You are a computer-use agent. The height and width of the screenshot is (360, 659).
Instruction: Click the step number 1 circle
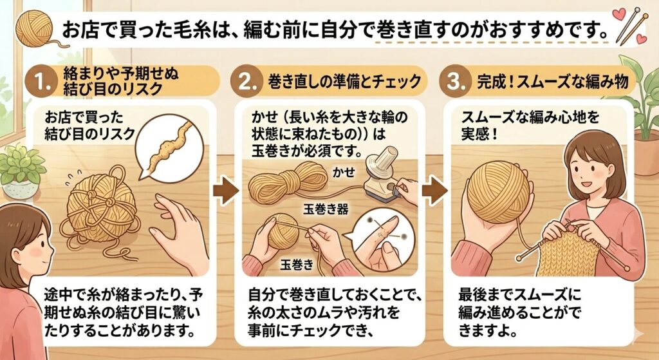tap(41, 81)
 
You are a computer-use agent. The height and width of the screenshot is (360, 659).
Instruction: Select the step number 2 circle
tap(246, 81)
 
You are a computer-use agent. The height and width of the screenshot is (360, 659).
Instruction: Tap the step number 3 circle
tap(454, 81)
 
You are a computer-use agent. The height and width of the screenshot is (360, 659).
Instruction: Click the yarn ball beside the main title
tap(33, 28)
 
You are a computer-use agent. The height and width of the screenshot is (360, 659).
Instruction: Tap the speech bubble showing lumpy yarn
tap(169, 147)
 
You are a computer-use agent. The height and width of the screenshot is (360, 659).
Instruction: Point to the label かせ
tap(344, 172)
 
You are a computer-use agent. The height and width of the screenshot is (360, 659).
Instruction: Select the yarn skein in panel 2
tap(288, 182)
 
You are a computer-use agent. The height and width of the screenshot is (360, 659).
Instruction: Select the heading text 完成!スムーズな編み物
tap(552, 81)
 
